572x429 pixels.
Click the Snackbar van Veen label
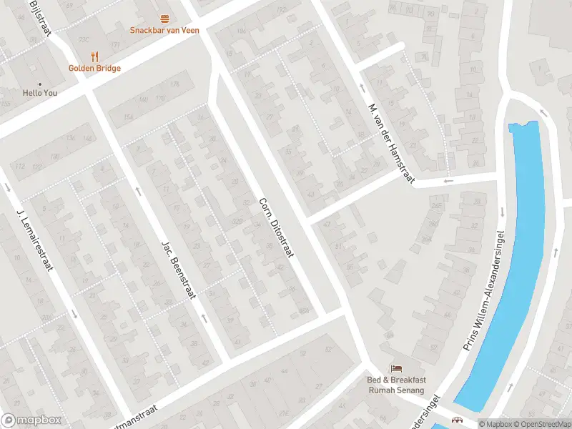[164, 30]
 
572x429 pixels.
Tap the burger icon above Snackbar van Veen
[165, 19]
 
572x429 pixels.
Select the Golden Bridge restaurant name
[94, 68]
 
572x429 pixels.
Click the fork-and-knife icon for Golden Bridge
[94, 56]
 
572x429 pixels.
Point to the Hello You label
[40, 93]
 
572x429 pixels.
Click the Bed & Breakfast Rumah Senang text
[395, 385]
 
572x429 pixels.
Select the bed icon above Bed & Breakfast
[395, 368]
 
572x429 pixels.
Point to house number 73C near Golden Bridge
[84, 39]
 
